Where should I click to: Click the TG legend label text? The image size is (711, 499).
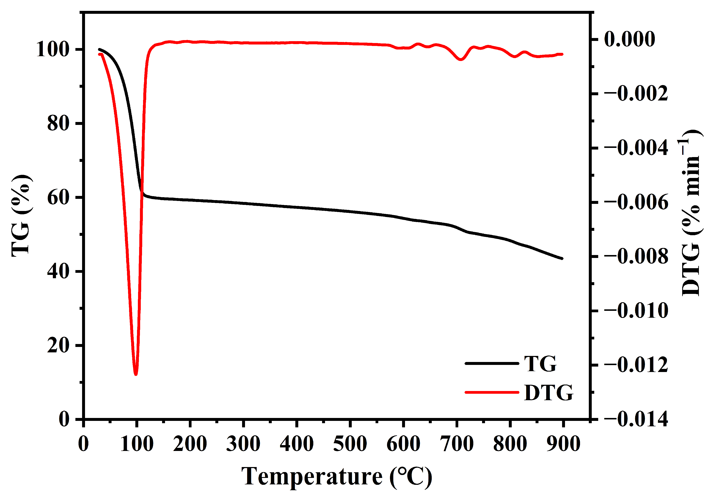(x=540, y=364)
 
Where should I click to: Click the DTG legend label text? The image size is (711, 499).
(x=548, y=393)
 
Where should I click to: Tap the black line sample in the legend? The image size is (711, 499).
(x=492, y=363)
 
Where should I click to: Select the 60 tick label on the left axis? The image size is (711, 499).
(x=58, y=197)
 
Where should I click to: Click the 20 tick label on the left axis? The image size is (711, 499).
(x=58, y=345)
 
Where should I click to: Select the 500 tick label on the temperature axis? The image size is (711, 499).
(x=350, y=444)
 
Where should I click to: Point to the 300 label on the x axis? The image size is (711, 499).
(x=243, y=444)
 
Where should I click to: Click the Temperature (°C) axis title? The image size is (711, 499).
(x=337, y=476)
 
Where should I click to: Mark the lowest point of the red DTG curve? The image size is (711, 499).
(x=136, y=374)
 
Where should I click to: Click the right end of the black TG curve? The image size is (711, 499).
(x=562, y=258)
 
